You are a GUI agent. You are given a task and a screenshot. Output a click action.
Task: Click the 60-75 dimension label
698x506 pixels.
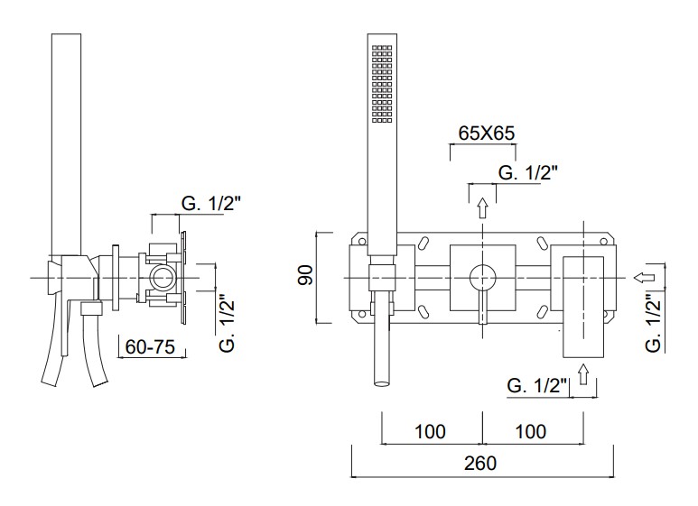point(150,347)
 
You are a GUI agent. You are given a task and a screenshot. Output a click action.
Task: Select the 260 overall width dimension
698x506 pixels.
point(480,464)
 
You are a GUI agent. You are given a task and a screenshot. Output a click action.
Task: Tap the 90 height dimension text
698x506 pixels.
point(306,274)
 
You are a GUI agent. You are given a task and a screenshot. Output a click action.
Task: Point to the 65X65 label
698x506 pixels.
point(487,133)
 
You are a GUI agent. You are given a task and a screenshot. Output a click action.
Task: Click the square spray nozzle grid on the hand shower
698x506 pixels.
point(382,84)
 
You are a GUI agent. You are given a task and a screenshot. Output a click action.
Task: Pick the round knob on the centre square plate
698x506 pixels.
point(482,278)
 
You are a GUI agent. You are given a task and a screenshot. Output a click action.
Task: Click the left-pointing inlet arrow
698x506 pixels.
point(644,278)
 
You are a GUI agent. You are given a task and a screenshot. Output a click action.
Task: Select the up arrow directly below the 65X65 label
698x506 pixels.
point(482,207)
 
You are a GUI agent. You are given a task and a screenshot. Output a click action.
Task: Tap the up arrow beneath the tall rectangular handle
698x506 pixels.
point(583,374)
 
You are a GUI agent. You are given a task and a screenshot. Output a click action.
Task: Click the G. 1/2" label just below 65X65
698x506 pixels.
point(527,172)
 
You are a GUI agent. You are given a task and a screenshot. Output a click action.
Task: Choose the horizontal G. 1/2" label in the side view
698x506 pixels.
point(211,204)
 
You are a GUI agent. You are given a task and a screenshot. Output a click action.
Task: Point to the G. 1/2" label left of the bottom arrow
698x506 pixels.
point(537,385)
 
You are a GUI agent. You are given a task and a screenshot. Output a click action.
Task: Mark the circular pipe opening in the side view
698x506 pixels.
point(162,279)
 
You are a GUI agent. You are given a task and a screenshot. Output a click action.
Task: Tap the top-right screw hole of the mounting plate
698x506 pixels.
point(603,242)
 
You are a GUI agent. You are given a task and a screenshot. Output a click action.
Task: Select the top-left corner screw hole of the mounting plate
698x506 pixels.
point(362,242)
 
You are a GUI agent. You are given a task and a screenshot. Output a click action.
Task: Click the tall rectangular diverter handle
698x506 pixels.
point(583,307)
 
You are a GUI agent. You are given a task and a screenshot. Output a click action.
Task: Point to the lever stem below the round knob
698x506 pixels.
point(482,308)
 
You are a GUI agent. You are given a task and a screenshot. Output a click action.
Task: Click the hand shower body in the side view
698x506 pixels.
point(66,144)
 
